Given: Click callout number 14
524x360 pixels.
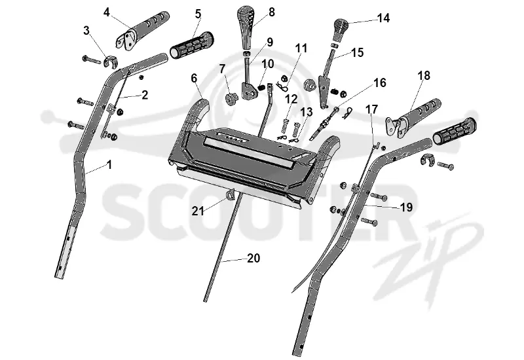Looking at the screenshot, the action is click(x=383, y=18).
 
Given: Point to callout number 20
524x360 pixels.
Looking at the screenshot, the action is click(x=253, y=258).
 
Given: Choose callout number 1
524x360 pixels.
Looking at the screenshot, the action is click(x=109, y=165).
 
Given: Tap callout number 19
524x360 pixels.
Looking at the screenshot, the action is click(x=406, y=207).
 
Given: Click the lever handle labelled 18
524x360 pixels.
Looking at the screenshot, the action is click(x=413, y=118).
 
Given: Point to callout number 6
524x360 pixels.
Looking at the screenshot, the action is click(x=194, y=78).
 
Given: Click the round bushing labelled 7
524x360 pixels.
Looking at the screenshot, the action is click(x=231, y=99).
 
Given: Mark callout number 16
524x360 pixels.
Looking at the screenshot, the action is click(x=380, y=82).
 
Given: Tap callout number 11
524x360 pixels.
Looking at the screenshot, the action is click(x=301, y=48).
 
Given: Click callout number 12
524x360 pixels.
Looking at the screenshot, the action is click(x=291, y=99).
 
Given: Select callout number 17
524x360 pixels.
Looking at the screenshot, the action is click(x=371, y=109).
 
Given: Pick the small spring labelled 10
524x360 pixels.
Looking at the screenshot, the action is click(x=262, y=88).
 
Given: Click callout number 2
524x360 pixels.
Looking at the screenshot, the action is click(x=145, y=95).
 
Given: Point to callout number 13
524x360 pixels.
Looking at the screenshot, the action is click(x=306, y=112).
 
